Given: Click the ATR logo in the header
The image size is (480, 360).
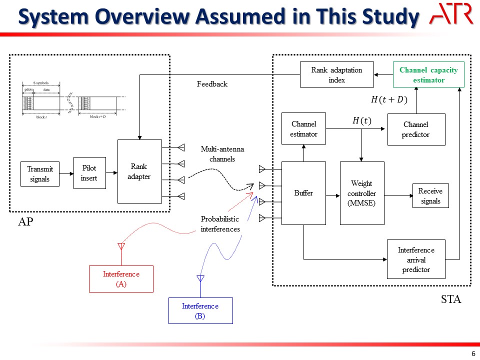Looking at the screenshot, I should coord(451,14).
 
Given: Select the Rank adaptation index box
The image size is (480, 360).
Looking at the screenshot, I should coord(336,75).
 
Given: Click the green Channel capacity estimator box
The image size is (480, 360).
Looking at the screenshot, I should coord(428,75).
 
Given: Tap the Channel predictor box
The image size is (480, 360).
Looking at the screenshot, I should coord(416,129).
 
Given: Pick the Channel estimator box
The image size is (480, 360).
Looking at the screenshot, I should coord(303,129).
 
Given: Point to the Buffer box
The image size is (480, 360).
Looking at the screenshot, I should coord(303,193).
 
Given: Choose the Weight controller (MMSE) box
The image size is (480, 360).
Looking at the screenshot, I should coord(361,193).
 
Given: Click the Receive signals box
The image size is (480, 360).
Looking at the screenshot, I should coord(430,195).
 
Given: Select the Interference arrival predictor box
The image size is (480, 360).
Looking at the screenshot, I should coord(416,259).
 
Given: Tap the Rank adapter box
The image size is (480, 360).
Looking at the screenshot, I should coord(139,171).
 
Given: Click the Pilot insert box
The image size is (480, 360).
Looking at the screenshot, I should coord(89,173).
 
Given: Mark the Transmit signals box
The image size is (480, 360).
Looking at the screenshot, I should coord(39,174).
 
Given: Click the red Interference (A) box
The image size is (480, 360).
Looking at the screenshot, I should coord(121,279).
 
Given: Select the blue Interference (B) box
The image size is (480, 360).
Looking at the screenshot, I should coord(200,311).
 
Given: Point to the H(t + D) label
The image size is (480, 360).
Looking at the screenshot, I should coord(389,100).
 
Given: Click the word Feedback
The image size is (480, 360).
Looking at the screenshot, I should coord(212,84).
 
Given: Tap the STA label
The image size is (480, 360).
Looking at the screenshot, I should coord(450,300).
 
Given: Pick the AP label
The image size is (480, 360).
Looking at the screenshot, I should coord(25,221).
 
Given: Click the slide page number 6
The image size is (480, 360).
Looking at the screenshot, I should coord(473,353).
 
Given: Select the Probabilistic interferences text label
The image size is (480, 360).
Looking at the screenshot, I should coord(220,224).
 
